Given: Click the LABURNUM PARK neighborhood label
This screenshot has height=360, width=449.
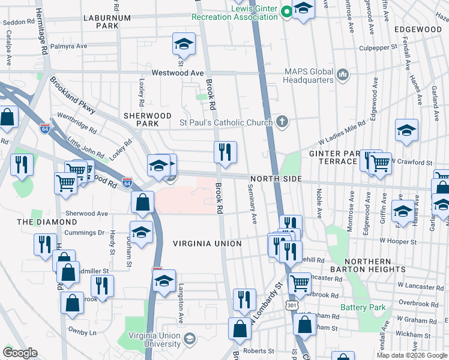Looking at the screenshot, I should click(107, 22).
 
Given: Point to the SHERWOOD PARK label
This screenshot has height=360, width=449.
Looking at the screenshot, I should click(148, 115).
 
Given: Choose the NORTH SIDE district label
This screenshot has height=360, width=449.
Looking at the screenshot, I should click(276, 180).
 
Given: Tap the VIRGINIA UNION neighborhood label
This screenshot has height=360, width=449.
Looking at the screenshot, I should click(207, 244).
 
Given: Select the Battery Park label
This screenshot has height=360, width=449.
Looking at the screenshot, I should click(363, 308).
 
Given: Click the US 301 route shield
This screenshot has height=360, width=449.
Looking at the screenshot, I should click(292, 305).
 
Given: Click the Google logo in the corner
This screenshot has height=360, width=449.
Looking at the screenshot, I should click(20, 353).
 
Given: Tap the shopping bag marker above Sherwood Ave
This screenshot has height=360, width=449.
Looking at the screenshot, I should click(143, 203).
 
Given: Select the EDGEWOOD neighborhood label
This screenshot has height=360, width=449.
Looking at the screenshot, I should click(418, 29).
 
